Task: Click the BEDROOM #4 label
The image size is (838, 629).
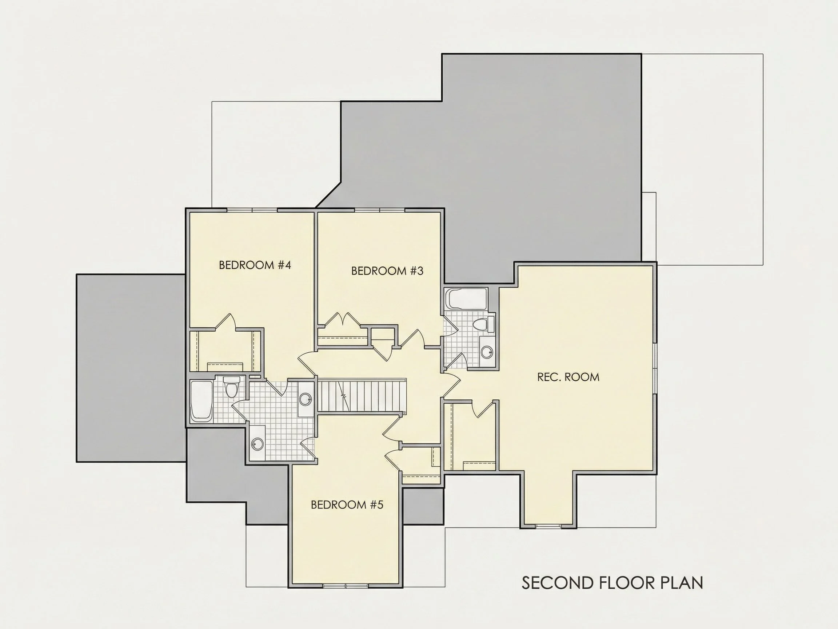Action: (x=255, y=265)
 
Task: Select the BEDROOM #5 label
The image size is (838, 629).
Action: (x=347, y=505)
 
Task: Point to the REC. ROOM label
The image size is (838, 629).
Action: (x=568, y=377)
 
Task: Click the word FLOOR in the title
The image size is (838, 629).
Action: (x=626, y=583)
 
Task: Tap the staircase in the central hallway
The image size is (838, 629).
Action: (x=362, y=396)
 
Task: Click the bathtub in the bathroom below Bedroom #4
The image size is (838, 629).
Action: (x=201, y=401)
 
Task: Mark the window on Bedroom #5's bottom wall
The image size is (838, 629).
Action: (x=346, y=585)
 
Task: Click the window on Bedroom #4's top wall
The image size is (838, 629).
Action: (x=252, y=210)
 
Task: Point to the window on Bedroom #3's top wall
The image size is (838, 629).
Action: (x=380, y=210)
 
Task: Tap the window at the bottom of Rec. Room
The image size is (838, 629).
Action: (x=548, y=526)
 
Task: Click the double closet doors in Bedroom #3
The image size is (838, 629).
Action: (x=343, y=319)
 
